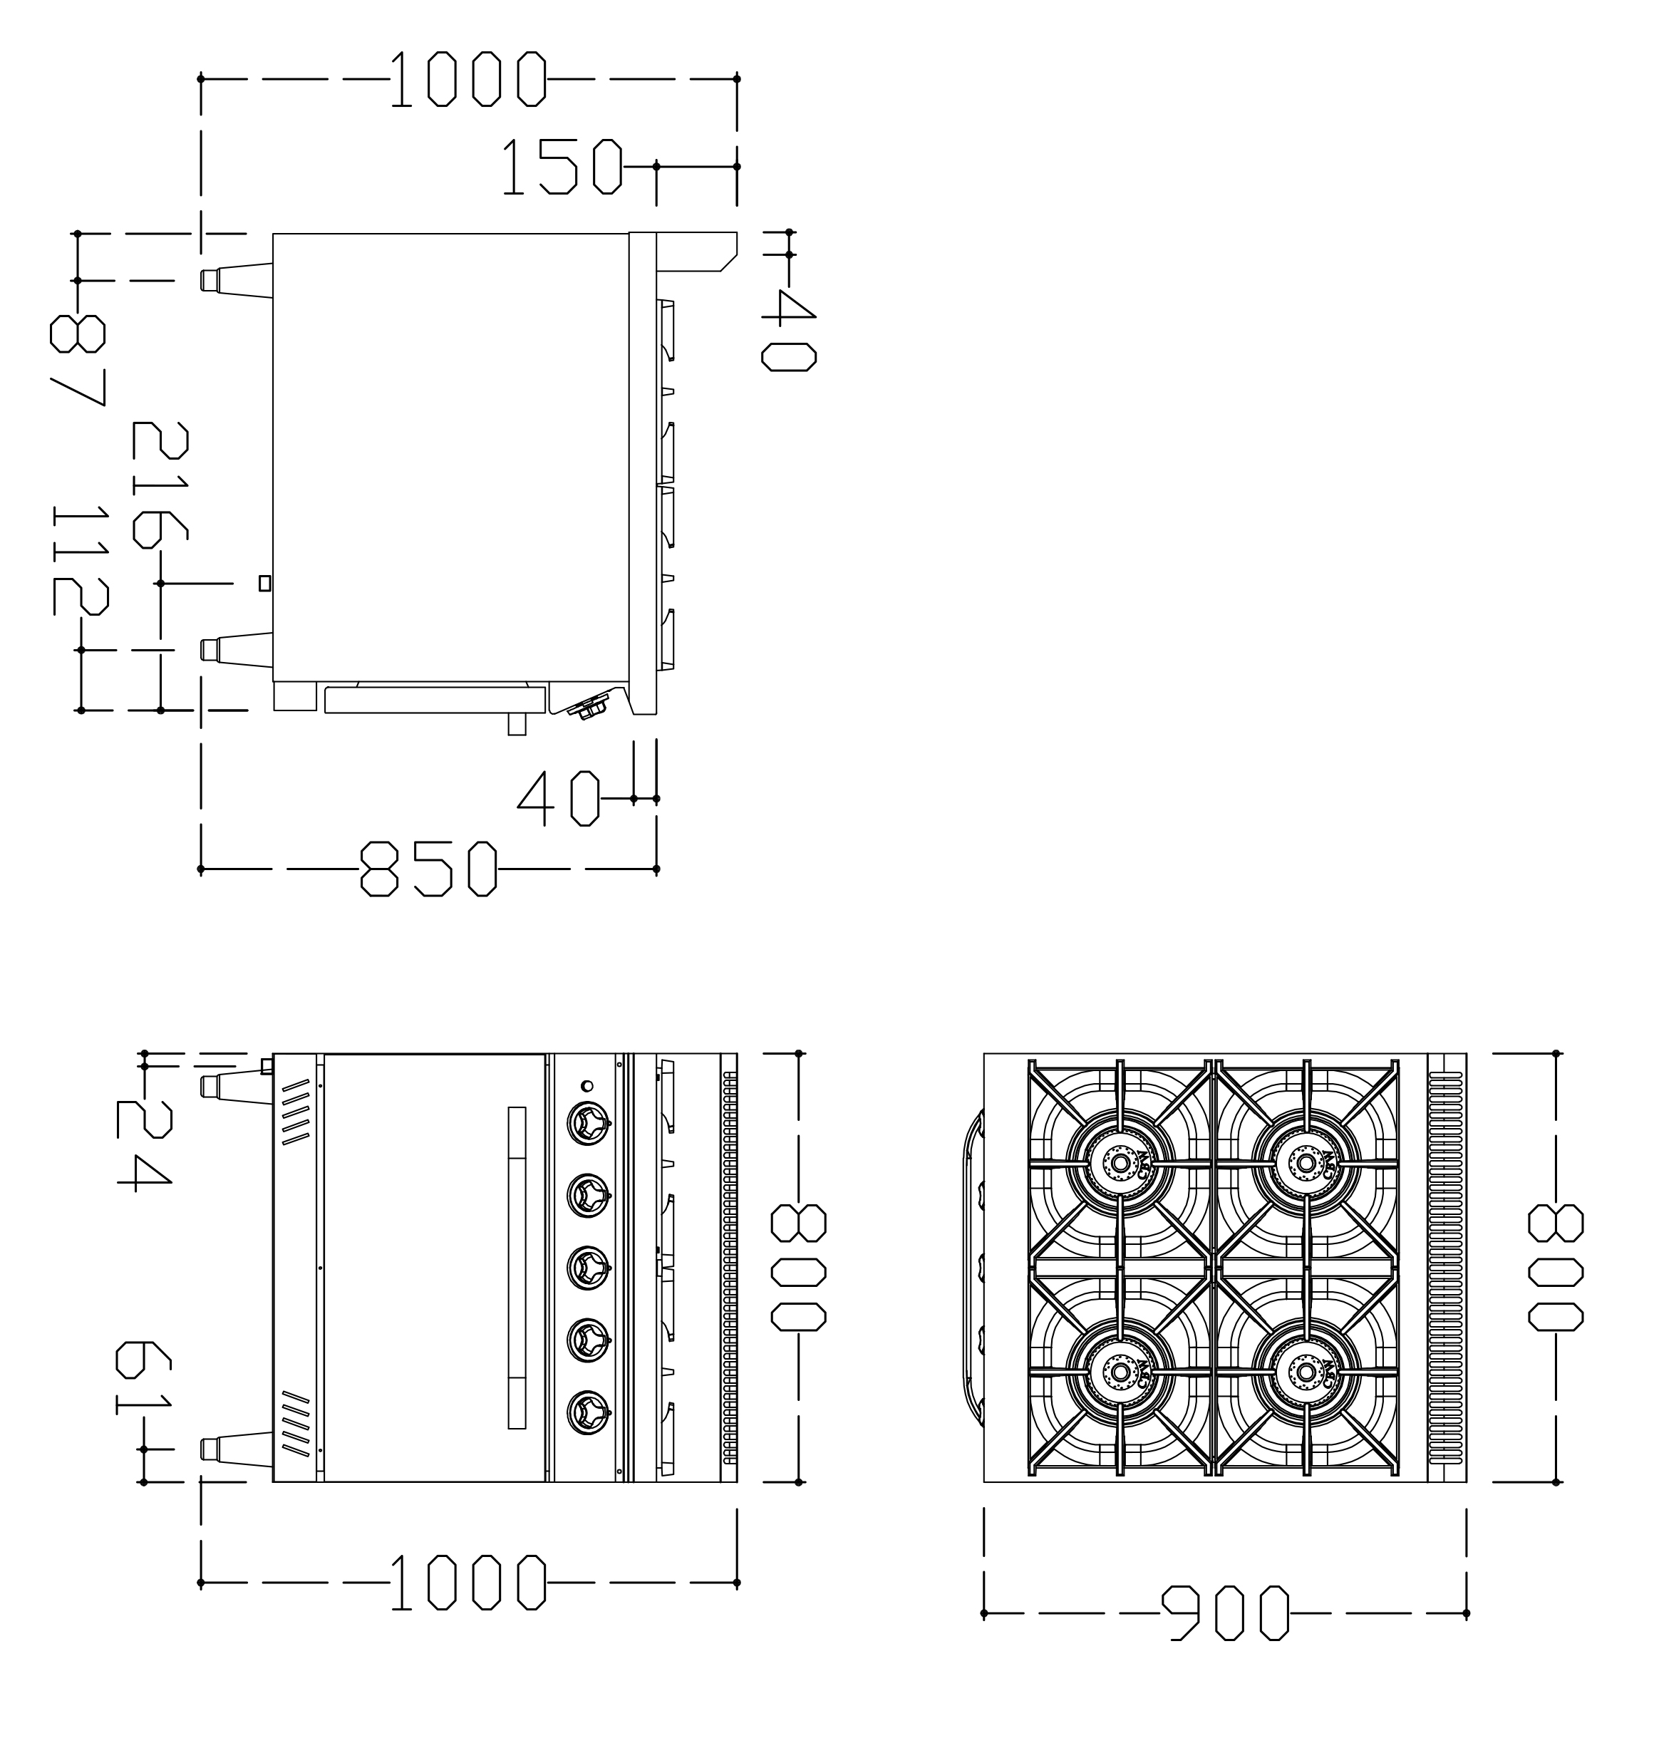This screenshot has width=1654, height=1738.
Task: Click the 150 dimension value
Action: tap(562, 167)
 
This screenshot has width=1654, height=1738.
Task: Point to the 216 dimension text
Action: tap(160, 485)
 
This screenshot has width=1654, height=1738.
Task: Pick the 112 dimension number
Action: tap(81, 560)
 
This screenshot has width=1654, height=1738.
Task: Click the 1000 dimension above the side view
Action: tap(468, 79)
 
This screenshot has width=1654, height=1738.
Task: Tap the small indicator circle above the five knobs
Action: tap(587, 1087)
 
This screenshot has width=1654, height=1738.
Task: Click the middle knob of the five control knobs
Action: tap(586, 1267)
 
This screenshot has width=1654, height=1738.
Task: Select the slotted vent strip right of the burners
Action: tap(1447, 1267)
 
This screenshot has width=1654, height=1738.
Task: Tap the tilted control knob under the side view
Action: tap(589, 706)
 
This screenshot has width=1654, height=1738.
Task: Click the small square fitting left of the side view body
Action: tap(264, 583)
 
